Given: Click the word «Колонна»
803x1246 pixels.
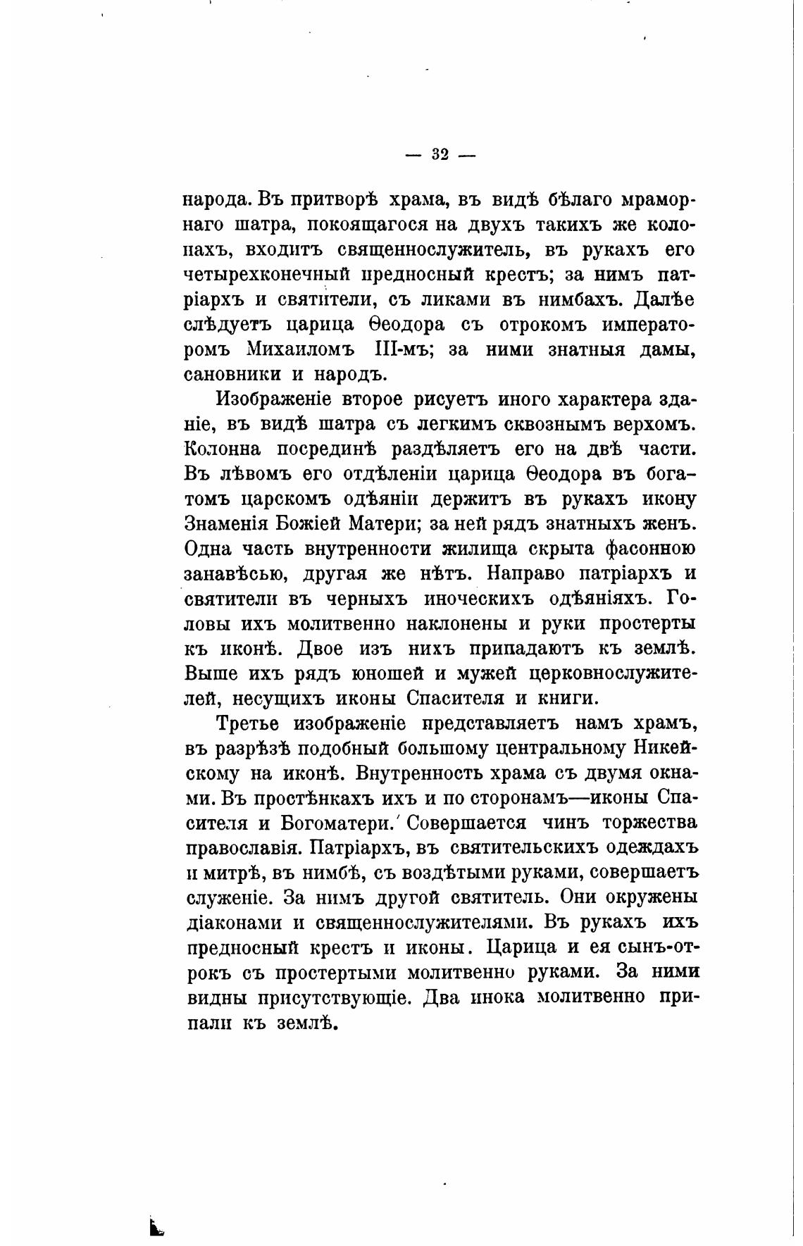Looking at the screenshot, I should [x=223, y=449].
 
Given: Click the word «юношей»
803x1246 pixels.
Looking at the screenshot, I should [x=387, y=673].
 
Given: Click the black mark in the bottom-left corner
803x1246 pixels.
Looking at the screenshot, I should [x=156, y=1227].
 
